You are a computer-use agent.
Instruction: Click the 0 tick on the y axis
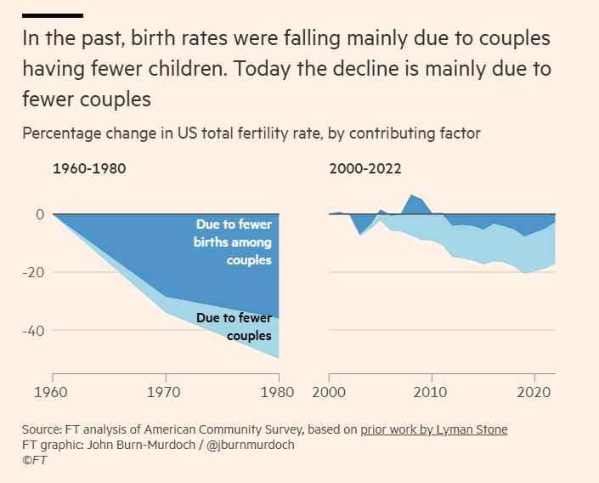pyautogui.click(x=39, y=214)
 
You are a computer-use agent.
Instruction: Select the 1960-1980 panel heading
pyautogui.click(x=89, y=168)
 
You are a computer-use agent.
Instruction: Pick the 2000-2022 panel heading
pyautogui.click(x=365, y=168)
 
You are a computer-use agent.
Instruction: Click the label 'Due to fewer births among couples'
pyautogui.click(x=234, y=242)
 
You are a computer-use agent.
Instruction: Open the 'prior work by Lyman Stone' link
pyautogui.click(x=433, y=429)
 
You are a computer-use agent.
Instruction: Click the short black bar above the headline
pyautogui.click(x=53, y=15)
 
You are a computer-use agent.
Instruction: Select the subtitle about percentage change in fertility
pyautogui.click(x=251, y=134)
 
